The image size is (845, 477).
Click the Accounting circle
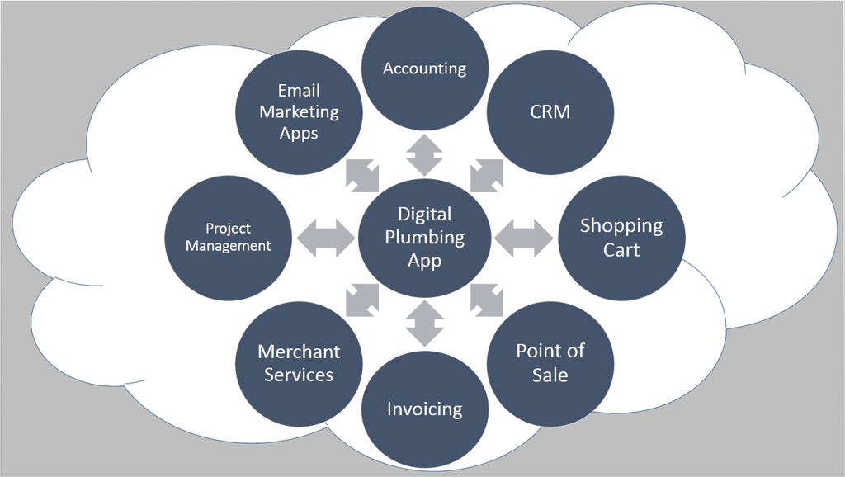425,68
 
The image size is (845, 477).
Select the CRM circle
550,111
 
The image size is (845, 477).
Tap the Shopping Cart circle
621,238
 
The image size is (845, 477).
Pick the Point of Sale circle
550,363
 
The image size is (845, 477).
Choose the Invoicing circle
425,409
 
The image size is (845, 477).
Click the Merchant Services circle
299,363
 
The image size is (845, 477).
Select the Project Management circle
229,238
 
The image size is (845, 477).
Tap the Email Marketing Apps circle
299,111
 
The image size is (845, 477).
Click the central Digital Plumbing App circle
425,238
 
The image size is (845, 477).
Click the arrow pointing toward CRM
487,175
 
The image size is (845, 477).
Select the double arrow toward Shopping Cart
525,238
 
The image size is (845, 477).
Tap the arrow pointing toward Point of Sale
487,300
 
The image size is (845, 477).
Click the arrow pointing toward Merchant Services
361,300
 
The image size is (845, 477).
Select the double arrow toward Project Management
325,238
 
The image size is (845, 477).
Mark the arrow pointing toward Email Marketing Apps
361,175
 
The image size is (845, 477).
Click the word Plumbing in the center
425,238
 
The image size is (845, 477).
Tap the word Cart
621,250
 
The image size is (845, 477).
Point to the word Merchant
299,352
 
